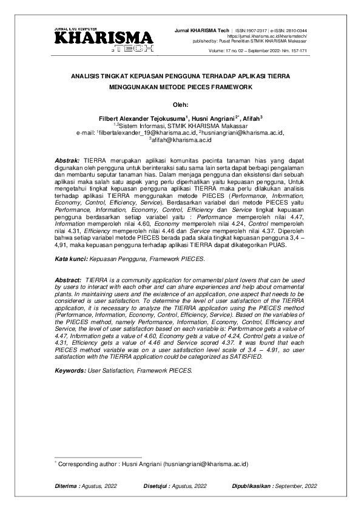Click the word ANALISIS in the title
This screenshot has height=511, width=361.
pos(86,77)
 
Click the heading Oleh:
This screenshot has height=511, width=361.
pos(180,103)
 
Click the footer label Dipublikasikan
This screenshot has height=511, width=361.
pos(252,487)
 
